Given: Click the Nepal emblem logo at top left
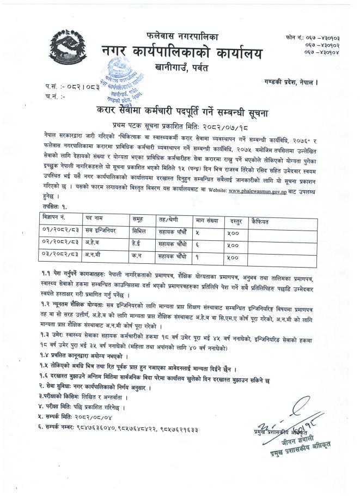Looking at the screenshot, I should [64, 46].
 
